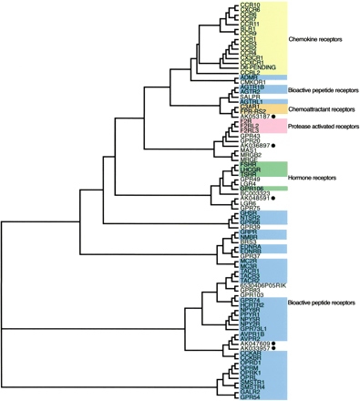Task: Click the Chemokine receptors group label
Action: [x=318, y=39]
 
